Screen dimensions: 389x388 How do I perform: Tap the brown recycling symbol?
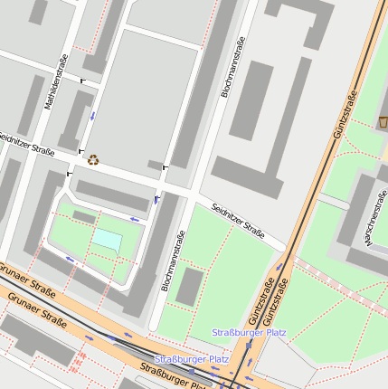coord(93,160)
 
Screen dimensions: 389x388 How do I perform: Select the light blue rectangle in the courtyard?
coord(108,240)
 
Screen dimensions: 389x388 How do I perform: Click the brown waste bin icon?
coord(383,121)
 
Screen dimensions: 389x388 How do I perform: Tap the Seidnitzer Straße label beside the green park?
coord(238,222)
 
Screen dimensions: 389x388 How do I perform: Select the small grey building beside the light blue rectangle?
coord(84,217)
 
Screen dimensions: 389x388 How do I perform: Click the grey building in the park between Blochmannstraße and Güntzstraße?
coord(189,287)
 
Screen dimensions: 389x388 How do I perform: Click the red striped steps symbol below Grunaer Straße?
coord(78,361)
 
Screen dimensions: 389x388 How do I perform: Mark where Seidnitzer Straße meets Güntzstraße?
coord(289,251)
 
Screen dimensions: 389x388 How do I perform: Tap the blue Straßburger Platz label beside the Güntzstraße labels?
coord(249,333)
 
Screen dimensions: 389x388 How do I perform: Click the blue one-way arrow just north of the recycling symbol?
coord(91,117)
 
